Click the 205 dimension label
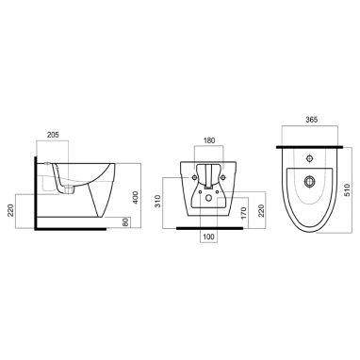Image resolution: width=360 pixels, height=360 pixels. coord(53,135)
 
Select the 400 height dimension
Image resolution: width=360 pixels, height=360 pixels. coord(136,197)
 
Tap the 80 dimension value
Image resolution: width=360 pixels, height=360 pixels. coord(125,222)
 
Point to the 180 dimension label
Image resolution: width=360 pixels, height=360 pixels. coord(209,140)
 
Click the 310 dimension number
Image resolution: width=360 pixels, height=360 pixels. coord(158,202)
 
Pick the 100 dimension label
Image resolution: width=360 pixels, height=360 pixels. coord(209,237)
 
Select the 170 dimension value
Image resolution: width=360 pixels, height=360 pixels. coord(244,213)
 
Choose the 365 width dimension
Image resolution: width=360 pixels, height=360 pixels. coord(311,120)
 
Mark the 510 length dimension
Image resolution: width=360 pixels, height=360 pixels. coord(347,189)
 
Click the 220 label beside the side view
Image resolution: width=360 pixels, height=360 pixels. coord(10,211)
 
